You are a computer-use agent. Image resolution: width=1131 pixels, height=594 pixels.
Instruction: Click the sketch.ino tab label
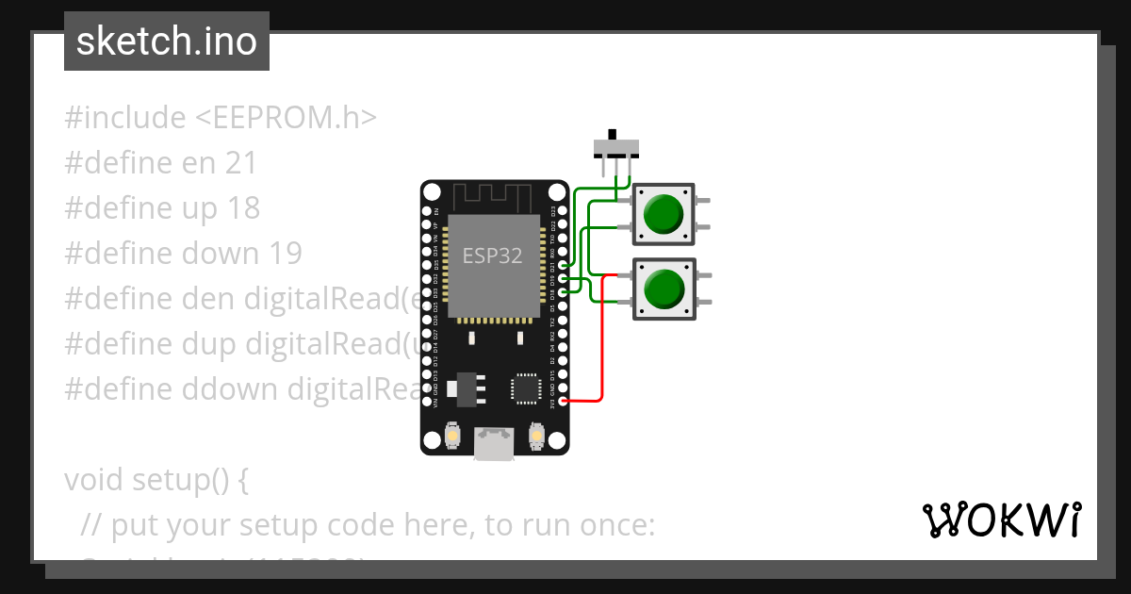(166, 41)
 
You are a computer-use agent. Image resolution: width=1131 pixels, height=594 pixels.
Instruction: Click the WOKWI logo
(1000, 520)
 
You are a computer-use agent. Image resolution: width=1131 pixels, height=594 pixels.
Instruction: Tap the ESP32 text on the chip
(492, 256)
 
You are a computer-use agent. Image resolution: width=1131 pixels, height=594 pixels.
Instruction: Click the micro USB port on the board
(494, 444)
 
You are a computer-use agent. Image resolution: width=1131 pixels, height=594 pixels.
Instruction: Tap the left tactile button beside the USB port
(453, 437)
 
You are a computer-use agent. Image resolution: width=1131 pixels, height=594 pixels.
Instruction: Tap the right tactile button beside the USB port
(535, 437)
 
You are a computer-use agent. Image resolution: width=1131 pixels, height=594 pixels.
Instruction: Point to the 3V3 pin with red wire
(563, 402)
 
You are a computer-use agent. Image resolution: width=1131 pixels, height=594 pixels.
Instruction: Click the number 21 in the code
(241, 163)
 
